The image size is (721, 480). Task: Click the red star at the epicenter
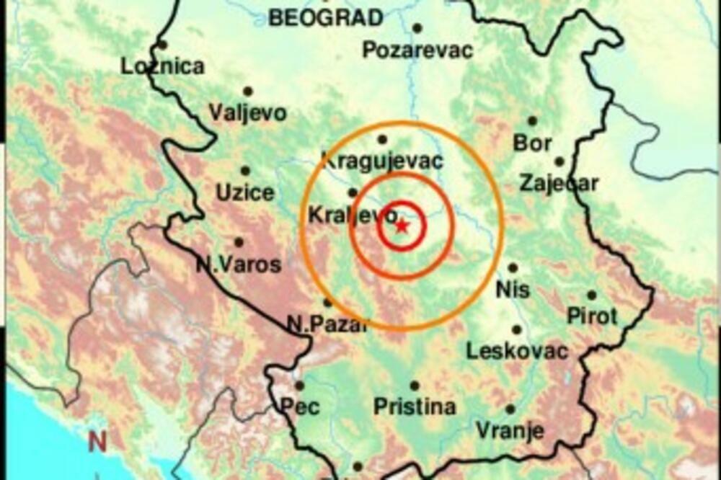tap(402, 227)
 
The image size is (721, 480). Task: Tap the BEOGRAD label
tap(325, 17)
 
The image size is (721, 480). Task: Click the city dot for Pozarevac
tap(417, 28)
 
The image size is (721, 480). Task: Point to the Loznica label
tap(162, 66)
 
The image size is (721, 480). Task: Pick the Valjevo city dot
tap(248, 92)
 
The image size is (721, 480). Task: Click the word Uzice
tap(245, 192)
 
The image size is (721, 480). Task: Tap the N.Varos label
tap(239, 265)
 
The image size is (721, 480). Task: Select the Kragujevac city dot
tap(382, 139)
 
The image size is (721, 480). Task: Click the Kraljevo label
tap(353, 214)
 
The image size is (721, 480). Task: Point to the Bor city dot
tap(532, 121)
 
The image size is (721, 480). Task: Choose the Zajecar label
tap(559, 183)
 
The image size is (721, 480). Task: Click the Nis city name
tap(513, 290)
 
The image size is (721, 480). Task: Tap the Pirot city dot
tap(591, 295)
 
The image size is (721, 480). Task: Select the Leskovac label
tap(517, 351)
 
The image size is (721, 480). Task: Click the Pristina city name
tap(415, 406)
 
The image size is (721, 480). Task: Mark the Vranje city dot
tap(510, 409)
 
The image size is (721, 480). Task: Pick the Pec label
tap(300, 406)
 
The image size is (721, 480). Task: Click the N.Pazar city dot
tap(327, 303)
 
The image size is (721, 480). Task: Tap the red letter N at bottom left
tap(97, 440)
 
